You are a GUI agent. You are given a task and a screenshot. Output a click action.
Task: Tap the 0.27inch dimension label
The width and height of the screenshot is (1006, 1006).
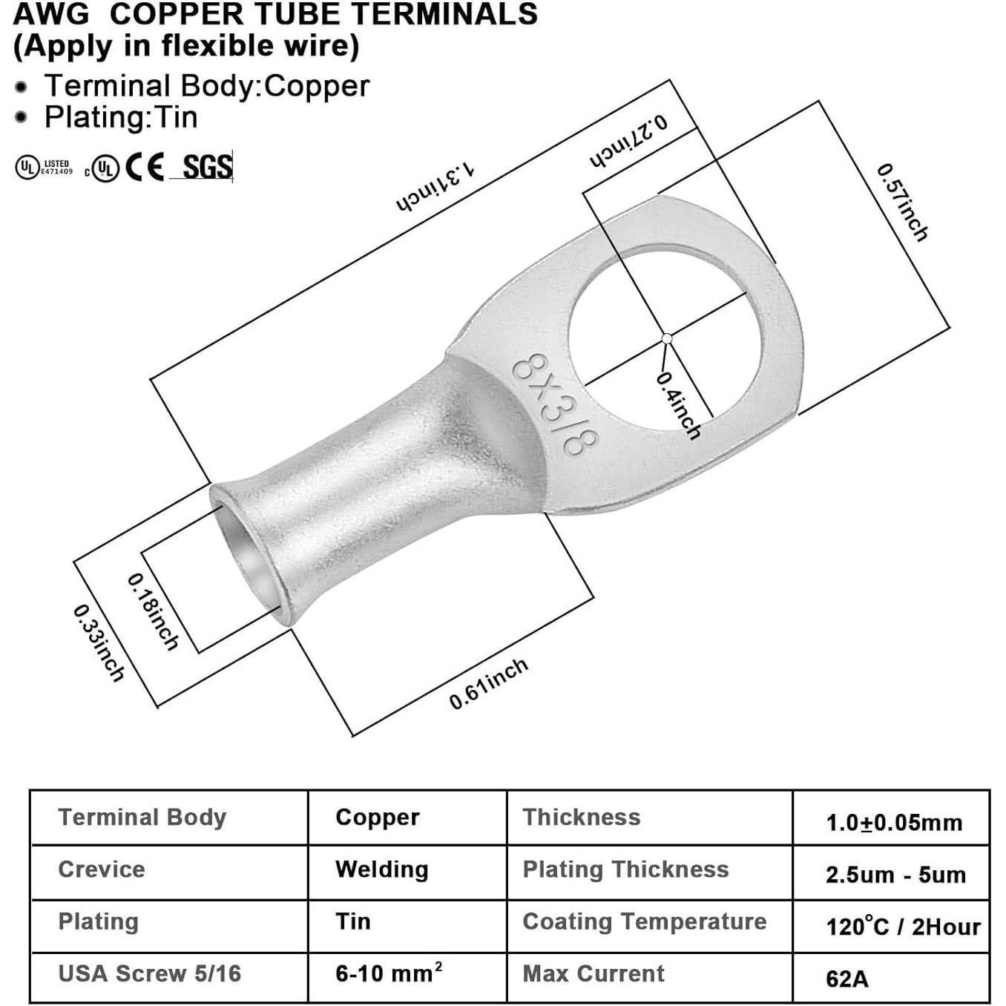(x=628, y=142)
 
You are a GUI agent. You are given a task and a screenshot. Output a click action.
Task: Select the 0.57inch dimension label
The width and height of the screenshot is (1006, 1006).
(x=902, y=203)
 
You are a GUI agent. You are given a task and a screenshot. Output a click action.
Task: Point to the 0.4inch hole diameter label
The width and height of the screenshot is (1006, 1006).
(x=678, y=404)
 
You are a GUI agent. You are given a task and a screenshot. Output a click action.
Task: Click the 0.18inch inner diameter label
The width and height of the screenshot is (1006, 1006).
(x=154, y=612)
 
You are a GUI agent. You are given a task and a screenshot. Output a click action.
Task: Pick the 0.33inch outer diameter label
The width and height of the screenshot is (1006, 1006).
(x=99, y=643)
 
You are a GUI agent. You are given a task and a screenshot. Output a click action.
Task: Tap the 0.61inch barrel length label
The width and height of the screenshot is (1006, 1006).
(x=488, y=683)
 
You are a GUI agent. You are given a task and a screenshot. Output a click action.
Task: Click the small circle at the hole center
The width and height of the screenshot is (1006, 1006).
(x=667, y=338)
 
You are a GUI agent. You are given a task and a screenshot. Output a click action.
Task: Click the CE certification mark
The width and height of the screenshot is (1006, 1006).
(x=145, y=167)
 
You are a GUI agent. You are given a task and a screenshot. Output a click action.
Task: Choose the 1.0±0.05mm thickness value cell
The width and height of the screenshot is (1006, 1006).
(x=893, y=822)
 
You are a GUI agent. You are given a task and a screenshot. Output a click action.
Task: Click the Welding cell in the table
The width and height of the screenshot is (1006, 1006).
(x=381, y=869)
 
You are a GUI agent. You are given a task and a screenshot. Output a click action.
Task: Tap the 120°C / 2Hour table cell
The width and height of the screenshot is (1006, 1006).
(x=902, y=927)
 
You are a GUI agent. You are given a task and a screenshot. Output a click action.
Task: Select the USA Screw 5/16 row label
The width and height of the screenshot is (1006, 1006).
(x=150, y=973)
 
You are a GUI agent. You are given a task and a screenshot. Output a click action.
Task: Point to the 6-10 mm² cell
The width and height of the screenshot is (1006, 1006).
(x=389, y=973)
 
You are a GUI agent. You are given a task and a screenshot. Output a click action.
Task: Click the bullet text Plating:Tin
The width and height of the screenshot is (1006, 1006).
(x=121, y=117)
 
